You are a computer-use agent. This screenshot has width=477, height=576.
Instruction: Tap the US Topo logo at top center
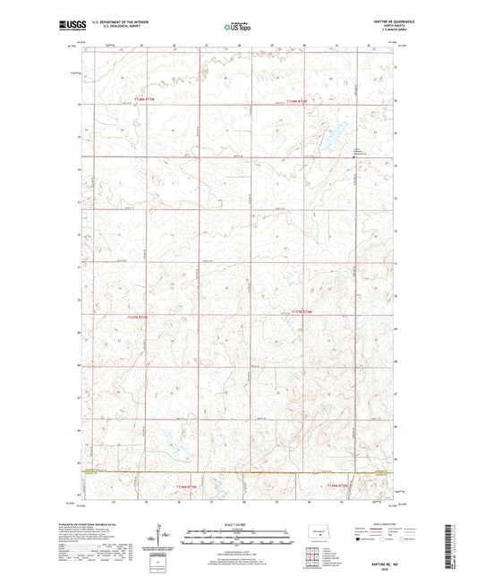(x=237, y=27)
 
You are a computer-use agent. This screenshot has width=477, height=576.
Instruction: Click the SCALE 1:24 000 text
(x=237, y=524)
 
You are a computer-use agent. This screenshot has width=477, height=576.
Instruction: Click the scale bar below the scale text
(x=237, y=533)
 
